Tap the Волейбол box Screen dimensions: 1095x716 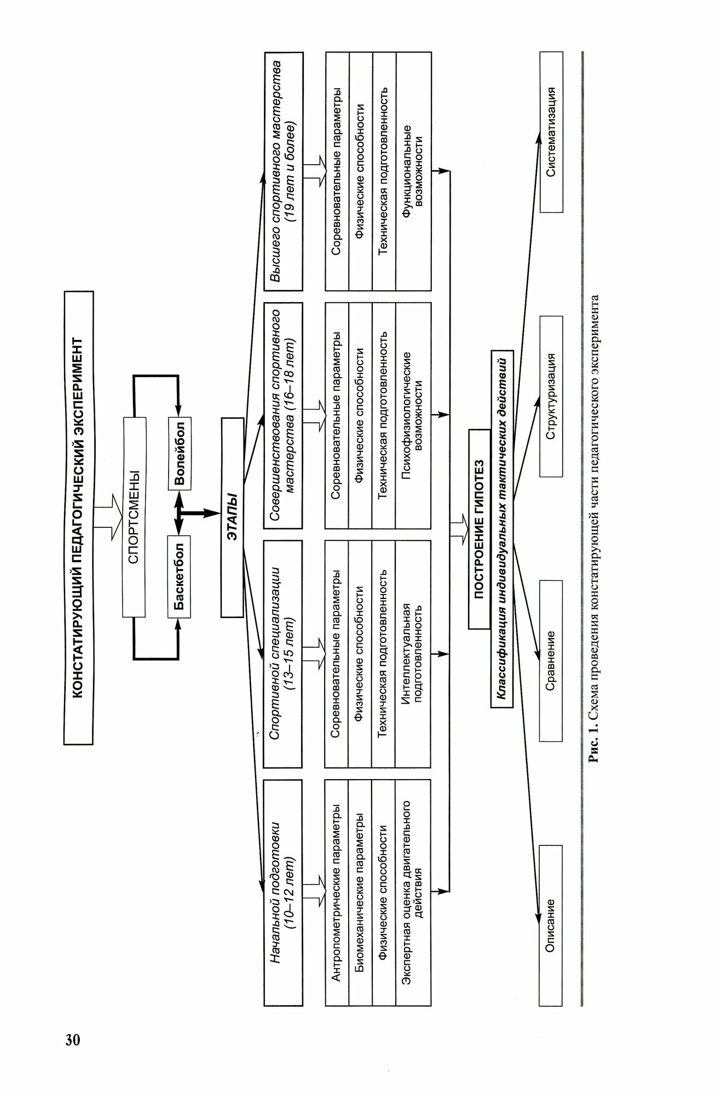tap(180, 452)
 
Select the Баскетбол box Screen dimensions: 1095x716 tap(180, 577)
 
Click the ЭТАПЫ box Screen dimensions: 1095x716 tap(232, 517)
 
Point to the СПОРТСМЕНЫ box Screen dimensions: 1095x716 tap(135, 517)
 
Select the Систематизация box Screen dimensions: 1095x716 tap(551, 132)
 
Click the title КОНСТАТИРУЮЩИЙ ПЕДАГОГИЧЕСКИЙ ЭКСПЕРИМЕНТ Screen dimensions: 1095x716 tap(78, 517)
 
